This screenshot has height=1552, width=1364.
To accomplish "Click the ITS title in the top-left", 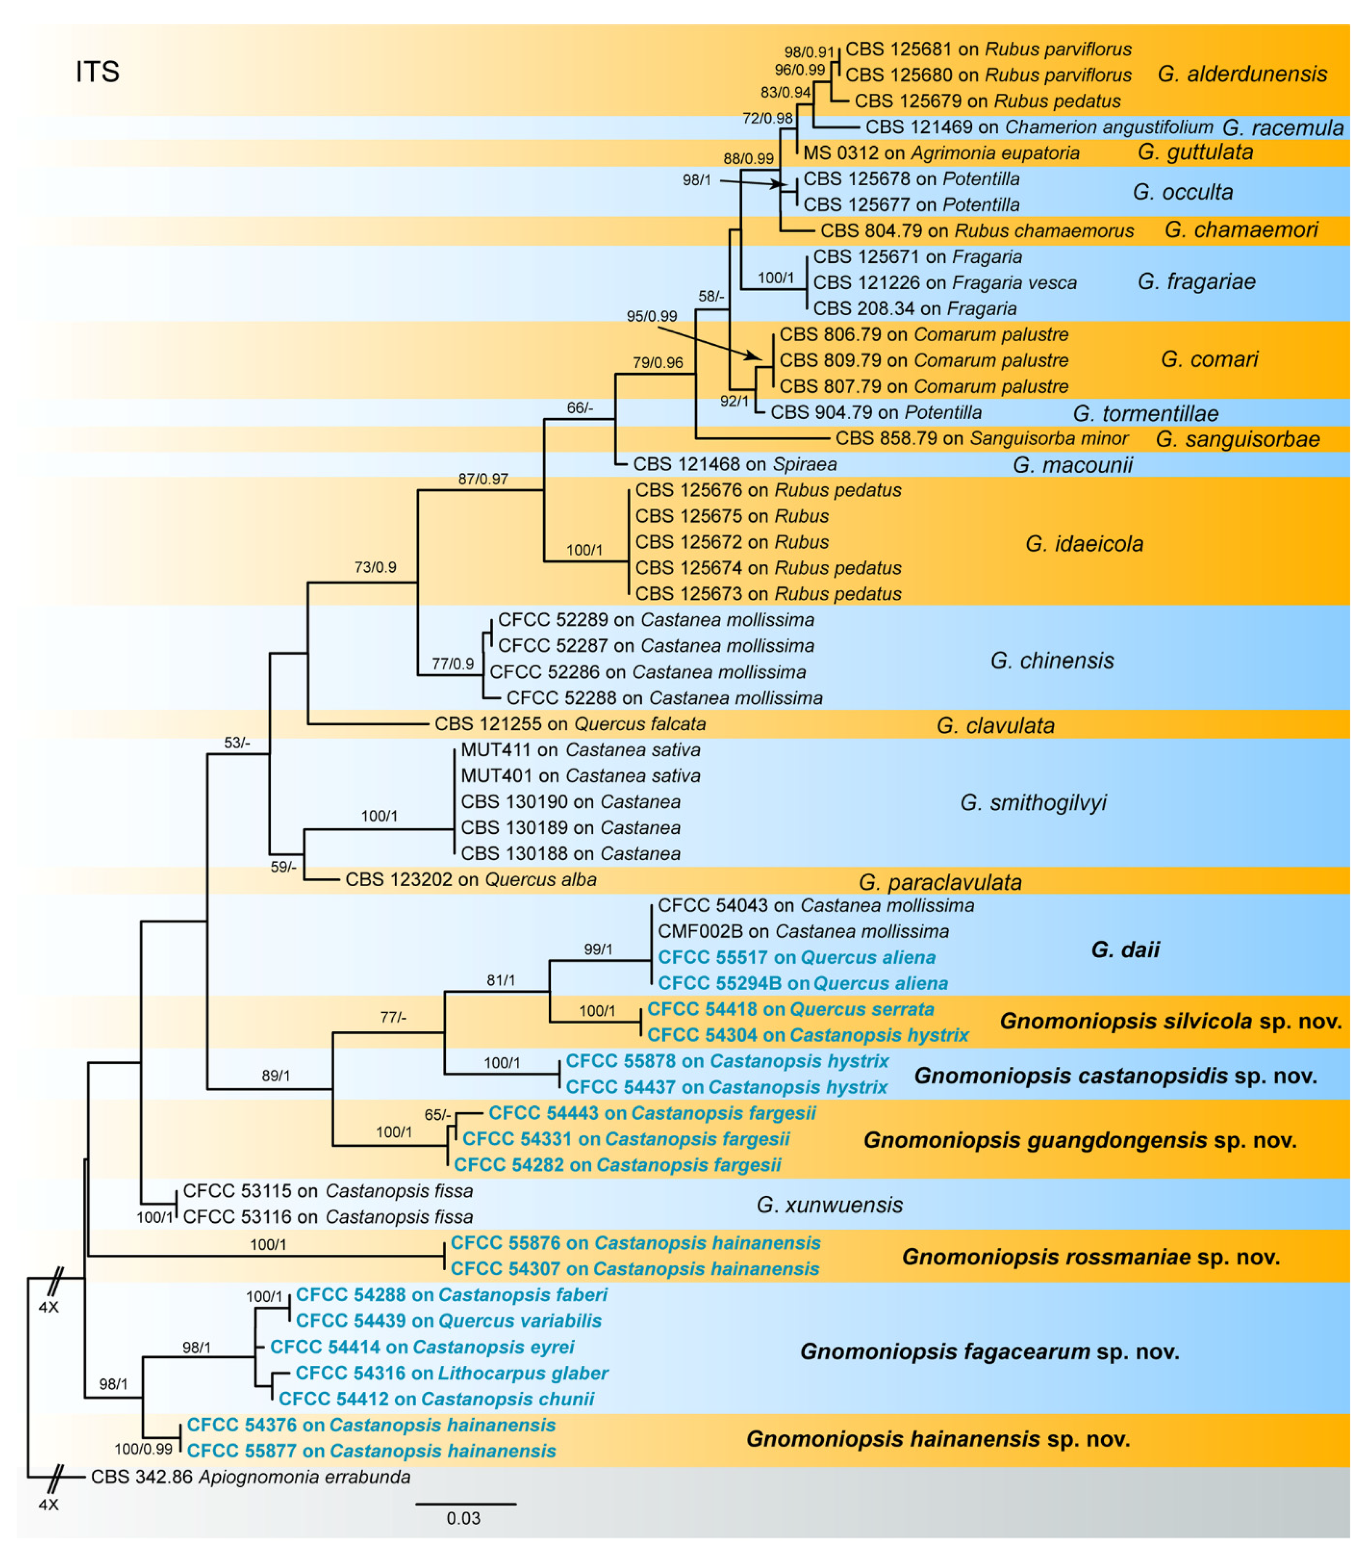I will tap(97, 72).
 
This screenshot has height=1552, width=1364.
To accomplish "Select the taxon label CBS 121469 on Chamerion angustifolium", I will tap(1039, 127).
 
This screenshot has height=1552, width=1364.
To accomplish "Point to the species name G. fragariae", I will tap(1196, 282).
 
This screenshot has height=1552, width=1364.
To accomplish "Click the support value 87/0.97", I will tap(483, 479).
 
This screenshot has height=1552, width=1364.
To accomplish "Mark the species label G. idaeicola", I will tap(1084, 544).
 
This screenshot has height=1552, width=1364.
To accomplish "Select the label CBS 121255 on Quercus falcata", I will tap(570, 724).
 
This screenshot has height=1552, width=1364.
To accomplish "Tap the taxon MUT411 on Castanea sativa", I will tap(580, 750).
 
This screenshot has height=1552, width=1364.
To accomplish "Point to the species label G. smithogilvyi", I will tap(1033, 802).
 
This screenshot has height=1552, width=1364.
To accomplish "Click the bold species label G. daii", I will tap(1125, 949).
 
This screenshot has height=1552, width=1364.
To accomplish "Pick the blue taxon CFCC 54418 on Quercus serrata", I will tap(790, 1009).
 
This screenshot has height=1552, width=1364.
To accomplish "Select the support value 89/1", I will tap(276, 1076).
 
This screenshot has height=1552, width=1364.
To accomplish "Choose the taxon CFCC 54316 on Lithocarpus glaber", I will tap(452, 1373).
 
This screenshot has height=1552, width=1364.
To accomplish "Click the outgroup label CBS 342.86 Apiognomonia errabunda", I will tap(250, 1477).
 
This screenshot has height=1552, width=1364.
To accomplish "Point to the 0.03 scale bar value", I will tap(463, 1518).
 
